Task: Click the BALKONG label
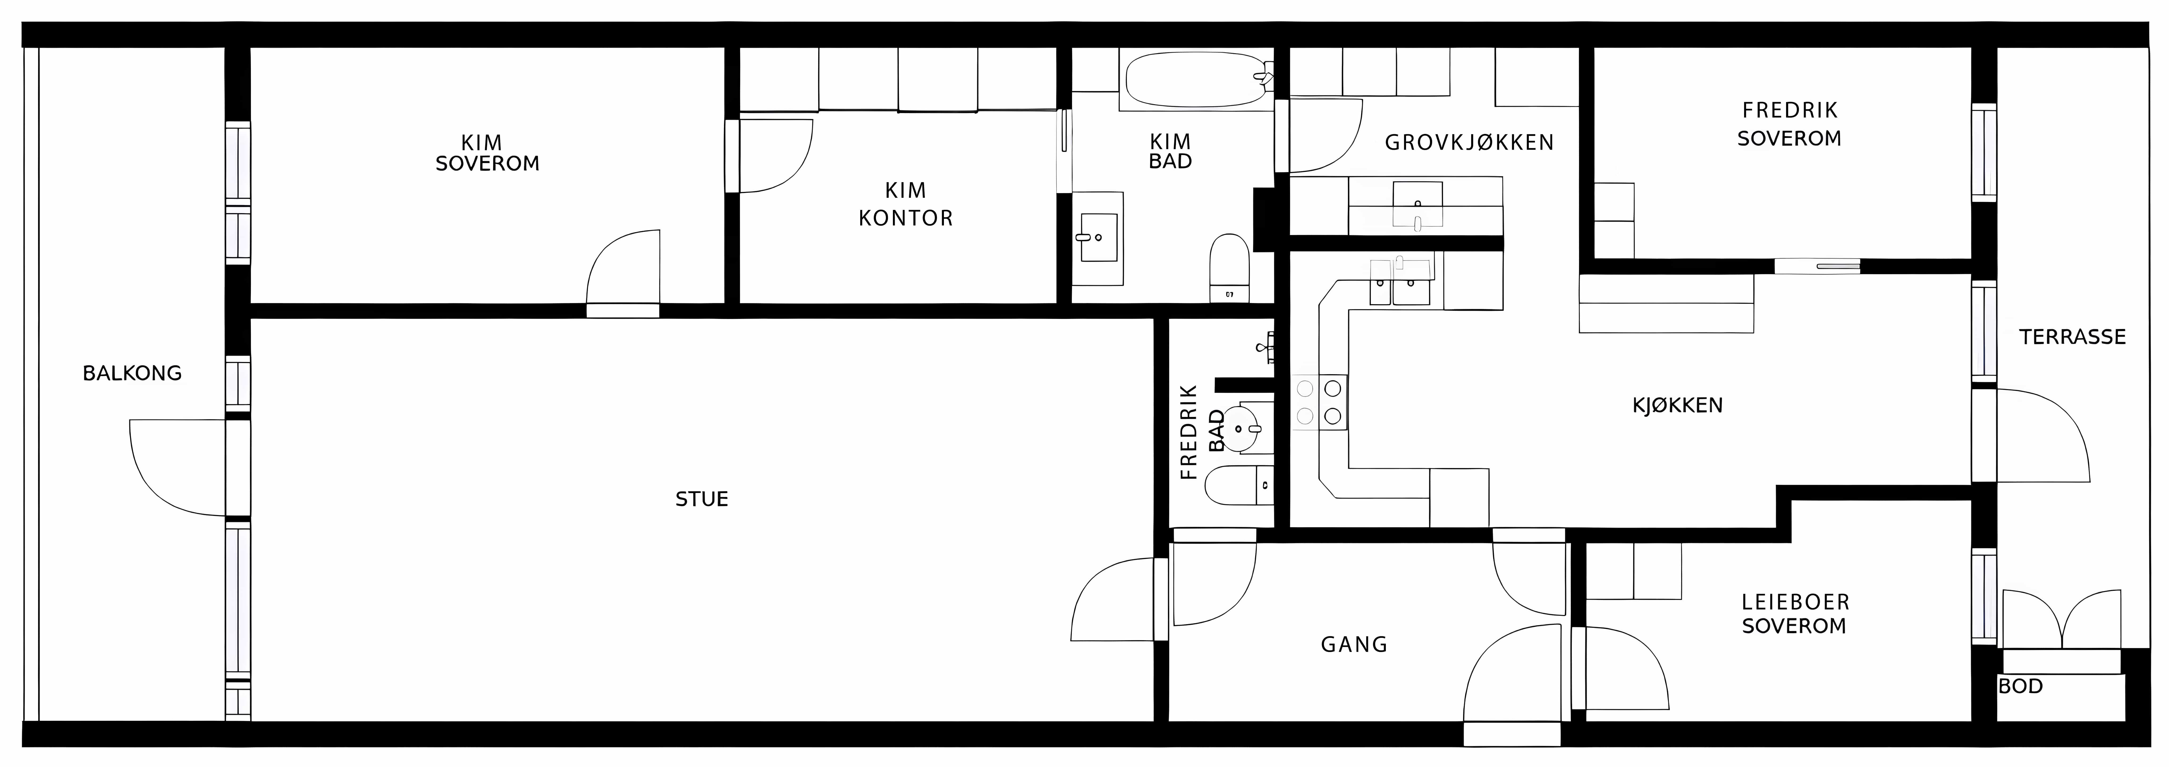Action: (x=132, y=373)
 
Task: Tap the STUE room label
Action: (x=701, y=499)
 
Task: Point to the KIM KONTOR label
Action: (x=905, y=204)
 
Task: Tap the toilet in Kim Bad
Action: (x=1229, y=268)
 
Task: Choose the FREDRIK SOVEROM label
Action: (x=1789, y=124)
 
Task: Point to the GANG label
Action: (x=1354, y=645)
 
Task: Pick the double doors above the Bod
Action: (x=2061, y=620)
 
